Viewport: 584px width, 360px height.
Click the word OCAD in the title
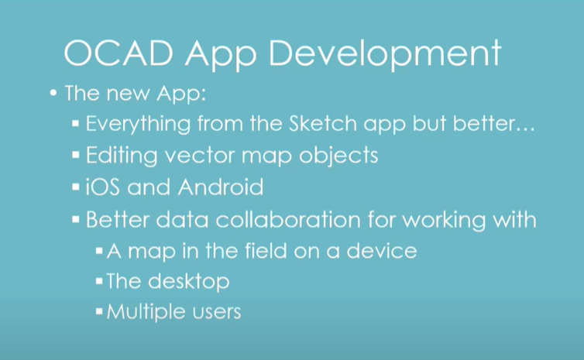point(119,53)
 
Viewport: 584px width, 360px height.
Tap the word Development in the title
point(385,54)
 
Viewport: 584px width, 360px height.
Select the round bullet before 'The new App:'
point(53,93)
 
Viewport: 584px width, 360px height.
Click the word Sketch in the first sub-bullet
point(322,123)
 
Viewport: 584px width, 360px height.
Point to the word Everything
point(138,125)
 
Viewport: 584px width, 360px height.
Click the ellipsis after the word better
point(525,129)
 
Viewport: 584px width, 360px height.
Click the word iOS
point(103,187)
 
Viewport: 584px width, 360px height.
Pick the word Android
point(221,187)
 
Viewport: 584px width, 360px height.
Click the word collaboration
point(288,220)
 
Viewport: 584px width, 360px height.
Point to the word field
point(266,250)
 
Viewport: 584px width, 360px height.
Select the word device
point(382,251)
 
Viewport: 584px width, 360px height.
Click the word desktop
point(188,282)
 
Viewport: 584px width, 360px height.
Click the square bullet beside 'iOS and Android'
point(76,187)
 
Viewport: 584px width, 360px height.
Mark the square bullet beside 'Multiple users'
point(99,311)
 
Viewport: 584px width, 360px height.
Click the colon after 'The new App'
point(203,95)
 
